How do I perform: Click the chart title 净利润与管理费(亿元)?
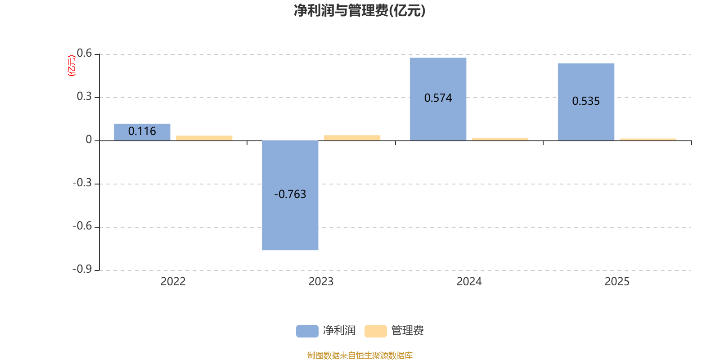(x=360, y=10)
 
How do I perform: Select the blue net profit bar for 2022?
(x=142, y=132)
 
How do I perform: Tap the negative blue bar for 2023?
(x=290, y=195)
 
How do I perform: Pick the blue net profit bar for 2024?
(x=438, y=99)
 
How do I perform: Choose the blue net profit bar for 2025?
(x=586, y=102)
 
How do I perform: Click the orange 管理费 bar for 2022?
(x=204, y=138)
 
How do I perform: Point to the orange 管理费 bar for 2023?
(x=352, y=138)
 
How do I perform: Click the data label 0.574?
(x=438, y=98)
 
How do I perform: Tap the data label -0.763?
(x=290, y=194)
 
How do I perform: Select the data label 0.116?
(x=142, y=131)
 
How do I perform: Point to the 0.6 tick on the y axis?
(x=84, y=54)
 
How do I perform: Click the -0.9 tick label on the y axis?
(x=82, y=269)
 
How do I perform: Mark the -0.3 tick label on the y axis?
(x=82, y=183)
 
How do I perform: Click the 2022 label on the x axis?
(x=173, y=282)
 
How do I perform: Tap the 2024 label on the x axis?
(x=469, y=282)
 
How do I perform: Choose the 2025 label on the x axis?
(x=617, y=282)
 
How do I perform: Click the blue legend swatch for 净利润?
(x=307, y=331)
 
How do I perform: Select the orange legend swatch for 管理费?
(x=376, y=331)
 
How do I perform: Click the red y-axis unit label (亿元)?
(x=72, y=66)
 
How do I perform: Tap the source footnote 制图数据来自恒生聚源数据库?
(x=360, y=355)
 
